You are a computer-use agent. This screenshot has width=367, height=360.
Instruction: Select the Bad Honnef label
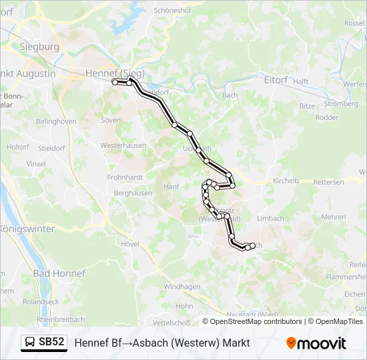point(59,273)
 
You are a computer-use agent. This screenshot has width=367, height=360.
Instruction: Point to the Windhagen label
point(182,287)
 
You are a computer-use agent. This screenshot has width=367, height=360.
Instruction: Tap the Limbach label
point(271,218)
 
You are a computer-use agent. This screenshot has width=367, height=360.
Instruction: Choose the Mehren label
point(334,217)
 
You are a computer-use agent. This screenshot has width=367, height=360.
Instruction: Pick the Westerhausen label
point(123,145)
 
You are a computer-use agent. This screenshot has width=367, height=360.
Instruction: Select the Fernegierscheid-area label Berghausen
point(133,193)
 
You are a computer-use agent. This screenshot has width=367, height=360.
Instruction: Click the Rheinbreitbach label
point(61,319)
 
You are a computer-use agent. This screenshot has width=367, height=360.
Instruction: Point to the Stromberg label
point(340,104)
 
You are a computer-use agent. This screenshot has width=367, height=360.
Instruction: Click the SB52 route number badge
point(52,343)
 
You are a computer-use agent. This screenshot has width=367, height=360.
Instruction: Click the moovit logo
point(316,343)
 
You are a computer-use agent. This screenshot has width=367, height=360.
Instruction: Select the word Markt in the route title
point(234,343)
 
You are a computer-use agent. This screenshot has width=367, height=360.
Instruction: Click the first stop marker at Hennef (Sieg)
point(115,82)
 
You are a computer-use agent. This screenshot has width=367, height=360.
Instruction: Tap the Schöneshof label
point(173,11)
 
